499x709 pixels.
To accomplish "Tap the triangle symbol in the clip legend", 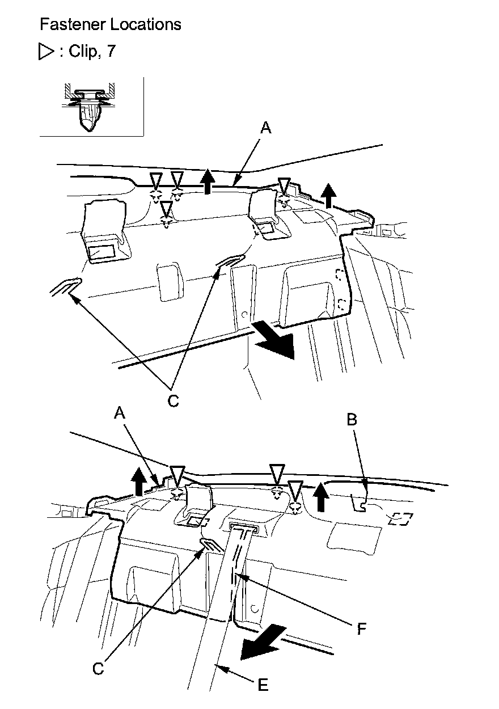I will pyautogui.click(x=44, y=52).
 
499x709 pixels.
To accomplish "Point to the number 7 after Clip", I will pyautogui.click(x=111, y=52).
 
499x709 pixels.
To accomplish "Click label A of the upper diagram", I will pyautogui.click(x=266, y=129).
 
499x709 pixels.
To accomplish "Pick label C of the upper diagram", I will pyautogui.click(x=173, y=400).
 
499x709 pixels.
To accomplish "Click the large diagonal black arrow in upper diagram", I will pyautogui.click(x=277, y=340).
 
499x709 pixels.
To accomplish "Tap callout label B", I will pyautogui.click(x=352, y=420).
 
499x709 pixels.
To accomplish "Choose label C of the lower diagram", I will pyautogui.click(x=98, y=669).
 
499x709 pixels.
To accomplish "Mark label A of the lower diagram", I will pyautogui.click(x=119, y=414).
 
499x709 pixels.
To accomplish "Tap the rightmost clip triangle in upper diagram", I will pyautogui.click(x=284, y=185).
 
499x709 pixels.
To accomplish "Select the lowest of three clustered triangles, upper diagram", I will pyautogui.click(x=166, y=208).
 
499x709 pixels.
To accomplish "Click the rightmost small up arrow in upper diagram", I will pyautogui.click(x=327, y=195).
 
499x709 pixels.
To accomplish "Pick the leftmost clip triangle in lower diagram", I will pyautogui.click(x=177, y=474).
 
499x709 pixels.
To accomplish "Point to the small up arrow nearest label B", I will pyautogui.click(x=322, y=495).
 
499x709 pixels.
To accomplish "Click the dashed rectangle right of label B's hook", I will pyautogui.click(x=400, y=518).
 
